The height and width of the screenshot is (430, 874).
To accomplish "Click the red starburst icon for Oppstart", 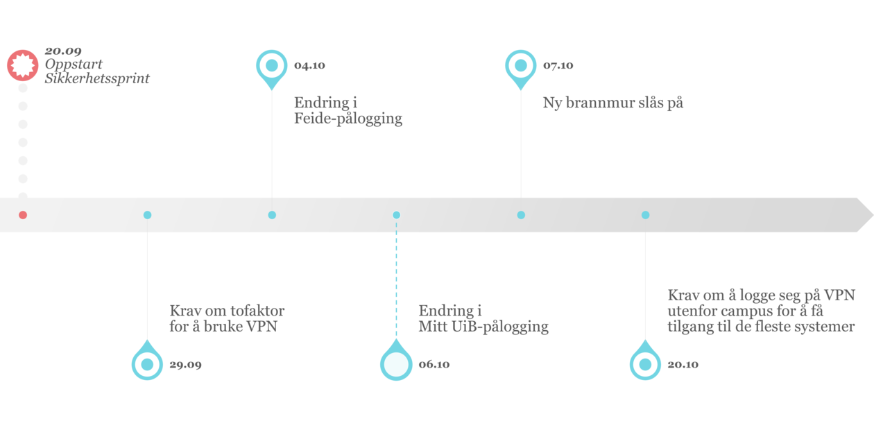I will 22,65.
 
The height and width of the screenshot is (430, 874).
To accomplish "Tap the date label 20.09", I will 64,51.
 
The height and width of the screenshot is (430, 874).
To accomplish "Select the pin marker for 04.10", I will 271,66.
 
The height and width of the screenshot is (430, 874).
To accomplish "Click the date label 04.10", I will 309,66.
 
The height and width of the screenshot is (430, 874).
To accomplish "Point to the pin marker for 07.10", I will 520,66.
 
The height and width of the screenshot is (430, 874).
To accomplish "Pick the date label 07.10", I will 558,66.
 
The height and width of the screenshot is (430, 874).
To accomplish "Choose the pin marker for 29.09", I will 147,364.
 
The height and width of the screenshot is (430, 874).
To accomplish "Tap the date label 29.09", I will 185,364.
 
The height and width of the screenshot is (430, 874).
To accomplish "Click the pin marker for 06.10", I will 396,364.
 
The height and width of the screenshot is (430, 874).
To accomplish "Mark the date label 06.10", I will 434,364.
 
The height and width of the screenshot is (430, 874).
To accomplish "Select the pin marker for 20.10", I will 645,364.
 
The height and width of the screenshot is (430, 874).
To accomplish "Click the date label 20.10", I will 683,364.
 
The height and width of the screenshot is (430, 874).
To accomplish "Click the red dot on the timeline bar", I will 23,215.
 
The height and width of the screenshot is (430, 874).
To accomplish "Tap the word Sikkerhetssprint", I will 97,79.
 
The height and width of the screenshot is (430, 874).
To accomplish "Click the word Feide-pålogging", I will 348,119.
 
